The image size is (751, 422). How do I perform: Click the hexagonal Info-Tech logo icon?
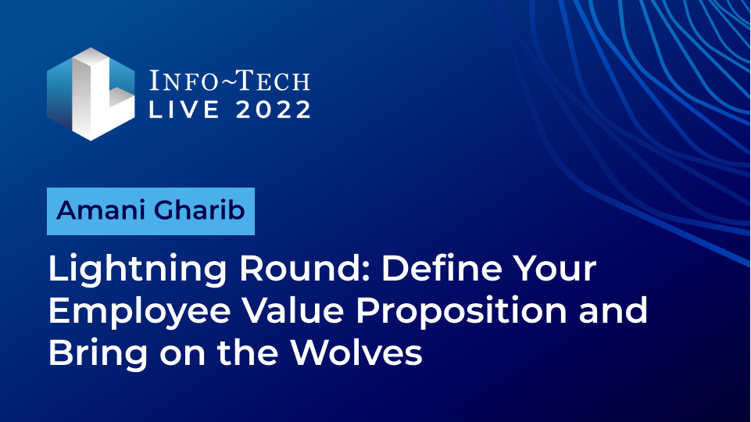91,94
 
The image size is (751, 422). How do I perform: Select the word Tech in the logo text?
274,80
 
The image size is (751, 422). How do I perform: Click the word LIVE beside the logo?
184,109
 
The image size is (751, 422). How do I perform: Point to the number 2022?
274,109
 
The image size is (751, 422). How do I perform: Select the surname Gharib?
200,210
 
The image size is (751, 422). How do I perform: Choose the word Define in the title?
434,268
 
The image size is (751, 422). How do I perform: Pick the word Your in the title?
549,268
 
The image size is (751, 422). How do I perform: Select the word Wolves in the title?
356,352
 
